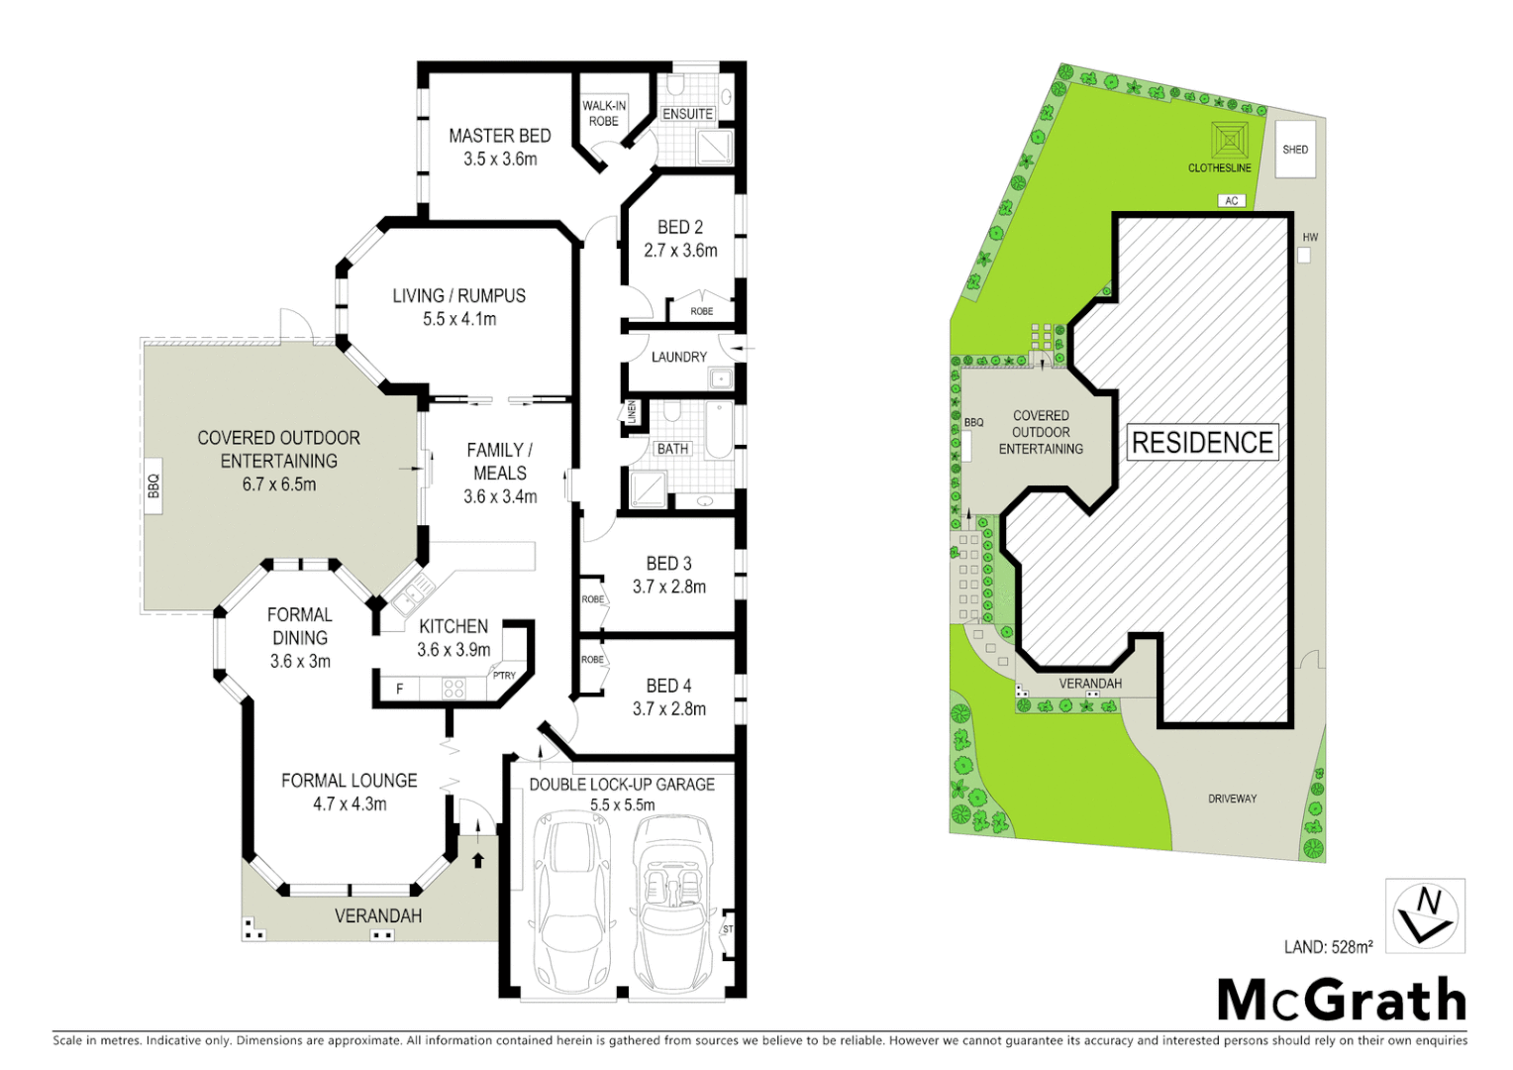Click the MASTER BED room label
click(499, 136)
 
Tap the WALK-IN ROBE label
click(603, 113)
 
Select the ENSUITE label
click(687, 114)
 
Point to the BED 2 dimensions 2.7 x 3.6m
click(680, 251)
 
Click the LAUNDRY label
click(678, 357)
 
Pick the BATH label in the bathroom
click(672, 449)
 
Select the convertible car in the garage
click(672, 902)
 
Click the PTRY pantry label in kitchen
click(504, 676)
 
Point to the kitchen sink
click(411, 595)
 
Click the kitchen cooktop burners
click(454, 688)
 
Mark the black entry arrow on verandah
click(478, 859)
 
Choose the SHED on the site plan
click(1294, 150)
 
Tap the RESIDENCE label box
click(1202, 443)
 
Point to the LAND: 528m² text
click(1328, 947)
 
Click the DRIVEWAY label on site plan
click(1232, 799)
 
